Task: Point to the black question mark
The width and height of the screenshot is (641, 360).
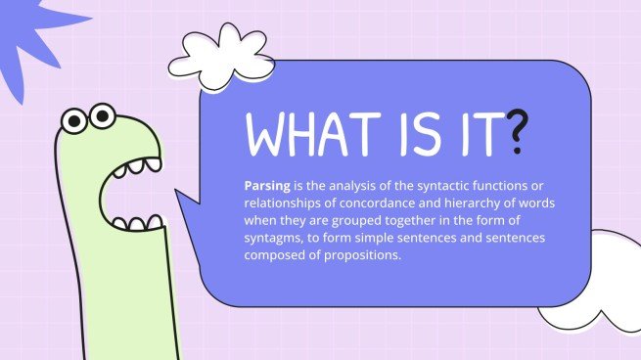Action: [x=521, y=135]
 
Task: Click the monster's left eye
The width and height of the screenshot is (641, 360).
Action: [x=72, y=121]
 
